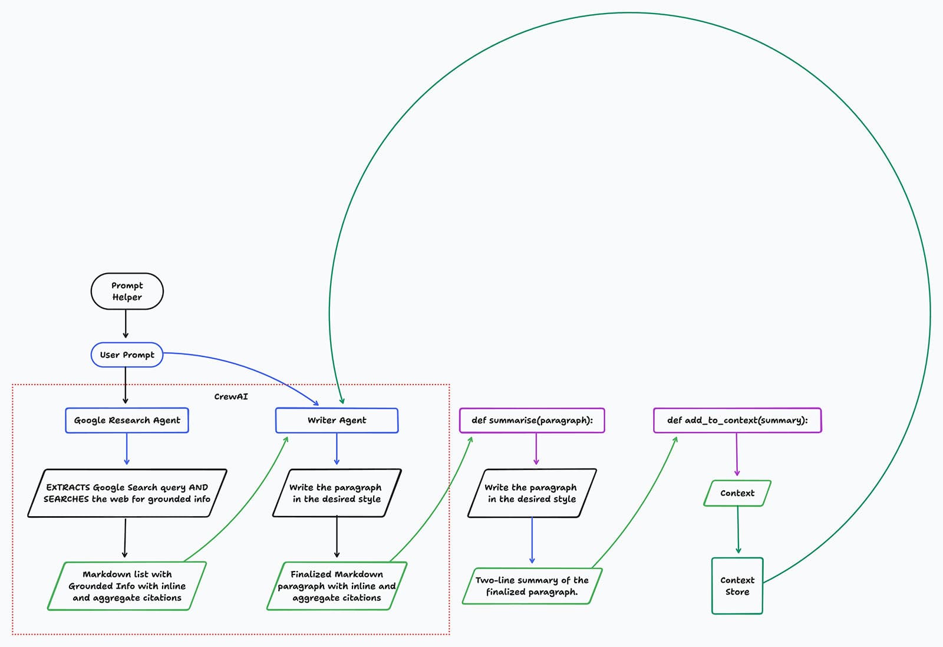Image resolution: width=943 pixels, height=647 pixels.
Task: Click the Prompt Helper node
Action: coord(127,291)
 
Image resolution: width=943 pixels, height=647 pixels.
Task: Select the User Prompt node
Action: coord(127,355)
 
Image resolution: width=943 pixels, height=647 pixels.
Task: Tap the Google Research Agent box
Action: coord(127,421)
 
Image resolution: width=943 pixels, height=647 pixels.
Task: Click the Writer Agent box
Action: coord(337,421)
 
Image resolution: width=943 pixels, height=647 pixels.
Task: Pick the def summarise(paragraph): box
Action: coord(532,421)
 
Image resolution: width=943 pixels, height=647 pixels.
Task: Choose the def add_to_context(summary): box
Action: coord(737,421)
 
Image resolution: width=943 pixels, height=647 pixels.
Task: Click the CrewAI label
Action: coord(231,397)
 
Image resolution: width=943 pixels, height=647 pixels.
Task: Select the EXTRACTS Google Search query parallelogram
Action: coord(127,493)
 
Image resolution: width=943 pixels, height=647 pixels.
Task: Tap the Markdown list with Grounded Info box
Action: coord(127,586)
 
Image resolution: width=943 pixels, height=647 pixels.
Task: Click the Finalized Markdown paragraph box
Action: coord(337,586)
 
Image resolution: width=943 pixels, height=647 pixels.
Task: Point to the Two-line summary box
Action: coord(532,586)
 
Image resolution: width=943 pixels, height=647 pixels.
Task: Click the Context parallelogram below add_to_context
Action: coord(737,493)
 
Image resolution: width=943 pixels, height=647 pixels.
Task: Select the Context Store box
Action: coord(737,586)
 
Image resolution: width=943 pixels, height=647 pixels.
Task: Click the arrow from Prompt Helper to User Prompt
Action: coord(126,324)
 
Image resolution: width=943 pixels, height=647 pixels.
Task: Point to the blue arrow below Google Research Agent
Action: coord(127,449)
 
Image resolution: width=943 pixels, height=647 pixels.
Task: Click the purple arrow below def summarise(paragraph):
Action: coord(536,449)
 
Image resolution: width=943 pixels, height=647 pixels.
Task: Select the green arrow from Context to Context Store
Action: coord(738,530)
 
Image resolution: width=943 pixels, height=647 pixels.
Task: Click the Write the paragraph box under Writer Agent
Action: coord(337,493)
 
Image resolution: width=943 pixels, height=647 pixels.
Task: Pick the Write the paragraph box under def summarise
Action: coord(532,493)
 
